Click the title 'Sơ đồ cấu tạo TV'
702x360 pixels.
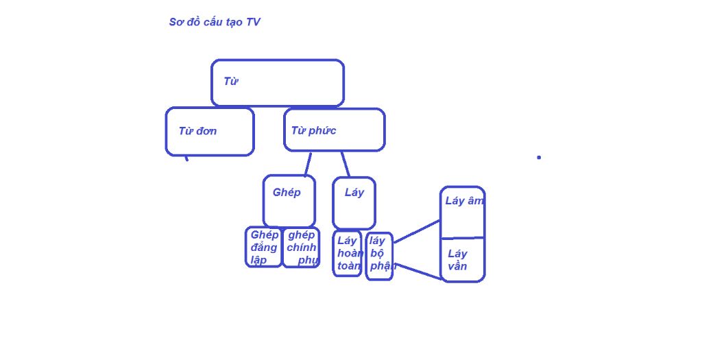(x=215, y=22)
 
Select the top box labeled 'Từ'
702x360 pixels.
(x=277, y=83)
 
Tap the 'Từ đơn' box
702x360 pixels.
(x=210, y=132)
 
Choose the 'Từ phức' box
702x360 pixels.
(x=334, y=130)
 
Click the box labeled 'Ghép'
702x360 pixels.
(x=289, y=200)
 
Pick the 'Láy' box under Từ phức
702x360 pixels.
(x=354, y=202)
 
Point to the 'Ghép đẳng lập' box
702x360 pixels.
(x=264, y=247)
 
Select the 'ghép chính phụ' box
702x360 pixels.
(x=301, y=248)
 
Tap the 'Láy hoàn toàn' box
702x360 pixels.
(x=347, y=253)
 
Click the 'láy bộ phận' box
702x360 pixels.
(x=379, y=256)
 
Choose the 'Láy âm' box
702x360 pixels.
(x=462, y=212)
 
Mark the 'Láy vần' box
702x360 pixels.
(x=462, y=260)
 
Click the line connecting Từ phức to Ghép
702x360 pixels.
(x=308, y=163)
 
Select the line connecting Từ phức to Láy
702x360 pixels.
(x=345, y=163)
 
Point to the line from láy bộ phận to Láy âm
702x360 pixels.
(x=417, y=231)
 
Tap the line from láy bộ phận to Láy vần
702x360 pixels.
(x=418, y=271)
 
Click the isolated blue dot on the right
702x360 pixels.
(x=539, y=157)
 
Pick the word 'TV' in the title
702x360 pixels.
(x=253, y=22)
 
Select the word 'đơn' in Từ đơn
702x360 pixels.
(x=206, y=131)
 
